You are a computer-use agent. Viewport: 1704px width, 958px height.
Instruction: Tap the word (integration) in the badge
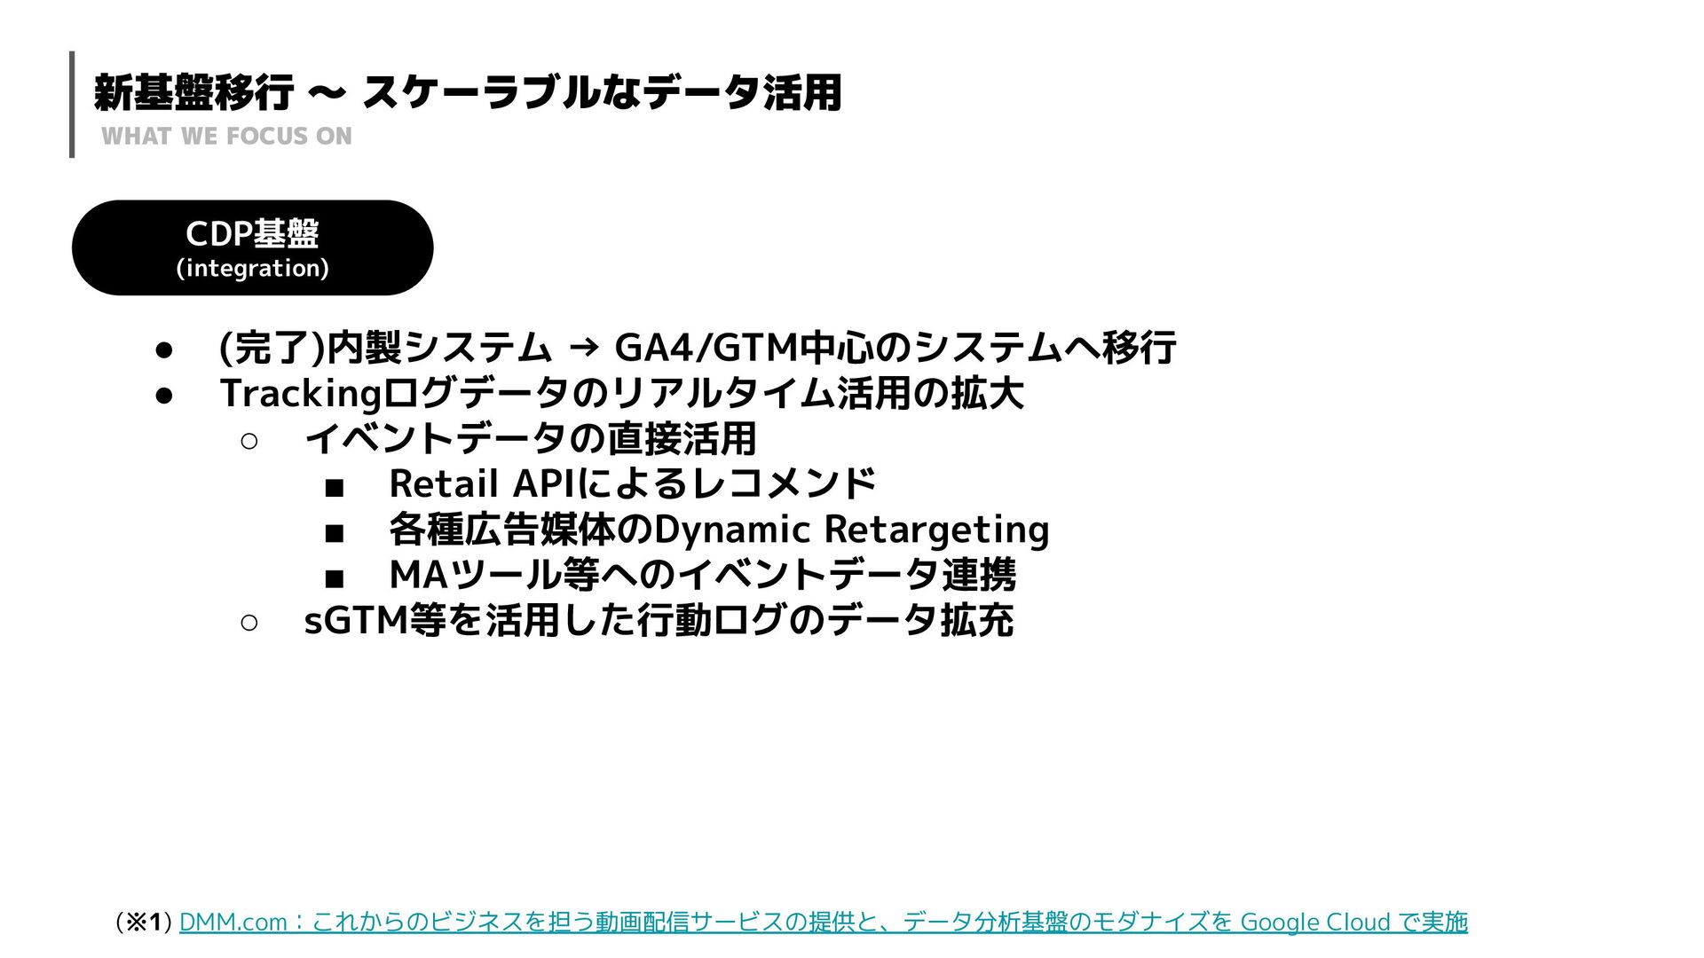(x=252, y=268)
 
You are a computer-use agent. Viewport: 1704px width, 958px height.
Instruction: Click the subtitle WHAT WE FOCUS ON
(x=226, y=136)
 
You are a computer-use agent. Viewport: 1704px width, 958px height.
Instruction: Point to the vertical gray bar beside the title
(x=72, y=104)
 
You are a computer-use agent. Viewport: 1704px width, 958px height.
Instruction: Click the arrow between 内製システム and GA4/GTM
(x=582, y=348)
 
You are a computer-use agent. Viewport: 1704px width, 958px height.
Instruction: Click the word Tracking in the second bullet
(x=300, y=393)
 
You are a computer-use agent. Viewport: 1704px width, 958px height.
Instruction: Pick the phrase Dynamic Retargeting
(x=851, y=530)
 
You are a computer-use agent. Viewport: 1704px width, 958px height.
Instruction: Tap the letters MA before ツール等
(x=418, y=575)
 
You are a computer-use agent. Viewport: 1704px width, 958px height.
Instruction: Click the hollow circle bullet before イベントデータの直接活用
(x=249, y=441)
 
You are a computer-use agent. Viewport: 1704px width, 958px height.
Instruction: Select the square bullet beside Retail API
(x=334, y=487)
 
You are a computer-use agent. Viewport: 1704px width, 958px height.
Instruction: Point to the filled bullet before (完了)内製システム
(x=163, y=349)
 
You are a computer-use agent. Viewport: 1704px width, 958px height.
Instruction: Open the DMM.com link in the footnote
(x=233, y=923)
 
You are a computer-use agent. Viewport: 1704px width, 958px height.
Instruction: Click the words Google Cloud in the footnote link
(x=1314, y=923)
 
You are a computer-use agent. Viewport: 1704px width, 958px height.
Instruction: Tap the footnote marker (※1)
(x=143, y=923)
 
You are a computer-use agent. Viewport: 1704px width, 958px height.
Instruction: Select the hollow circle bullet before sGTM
(x=249, y=623)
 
